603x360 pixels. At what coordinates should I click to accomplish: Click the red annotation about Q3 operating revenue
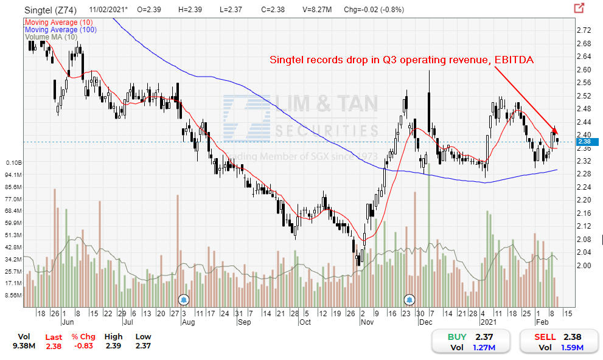tap(402, 60)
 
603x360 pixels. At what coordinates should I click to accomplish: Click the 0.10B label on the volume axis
tap(13, 163)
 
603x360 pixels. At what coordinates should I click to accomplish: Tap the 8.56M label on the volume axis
tap(13, 295)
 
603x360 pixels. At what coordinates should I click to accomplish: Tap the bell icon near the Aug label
tap(184, 299)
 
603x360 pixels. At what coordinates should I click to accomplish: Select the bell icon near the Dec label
tap(410, 299)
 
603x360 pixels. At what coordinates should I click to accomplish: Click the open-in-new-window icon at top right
tap(579, 8)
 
